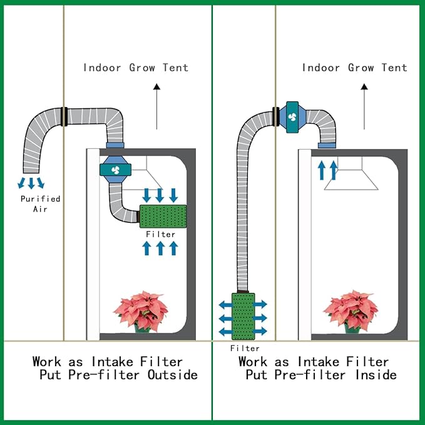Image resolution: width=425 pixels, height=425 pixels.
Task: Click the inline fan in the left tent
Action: point(115,170)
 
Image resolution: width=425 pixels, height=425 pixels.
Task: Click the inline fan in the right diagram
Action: point(292,117)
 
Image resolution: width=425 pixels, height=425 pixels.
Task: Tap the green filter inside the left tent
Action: point(163,216)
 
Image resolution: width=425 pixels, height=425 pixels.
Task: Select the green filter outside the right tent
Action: point(243,316)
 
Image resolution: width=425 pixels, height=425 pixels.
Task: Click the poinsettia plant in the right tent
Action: point(351,312)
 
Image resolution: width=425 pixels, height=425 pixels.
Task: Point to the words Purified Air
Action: point(40,204)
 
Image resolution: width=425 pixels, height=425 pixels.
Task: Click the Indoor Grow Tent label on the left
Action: point(136,68)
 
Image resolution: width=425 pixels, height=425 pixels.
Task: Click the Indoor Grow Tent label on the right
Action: point(354,68)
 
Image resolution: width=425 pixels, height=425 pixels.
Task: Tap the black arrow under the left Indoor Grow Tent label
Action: point(156,106)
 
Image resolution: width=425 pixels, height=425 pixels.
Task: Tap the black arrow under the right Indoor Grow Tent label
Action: point(364,106)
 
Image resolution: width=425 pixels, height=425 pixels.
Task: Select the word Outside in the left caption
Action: point(173,375)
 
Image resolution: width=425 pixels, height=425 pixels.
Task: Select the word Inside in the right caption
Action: point(376,375)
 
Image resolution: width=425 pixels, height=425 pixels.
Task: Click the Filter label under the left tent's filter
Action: point(160,234)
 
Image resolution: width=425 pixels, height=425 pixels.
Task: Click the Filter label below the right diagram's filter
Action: point(245,348)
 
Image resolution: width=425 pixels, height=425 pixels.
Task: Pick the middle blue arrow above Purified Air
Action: point(31,183)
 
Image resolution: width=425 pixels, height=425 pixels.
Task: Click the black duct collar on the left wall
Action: point(64,116)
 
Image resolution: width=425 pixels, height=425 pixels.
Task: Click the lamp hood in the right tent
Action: point(351,173)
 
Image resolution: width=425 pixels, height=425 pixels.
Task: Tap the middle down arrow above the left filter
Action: point(160,195)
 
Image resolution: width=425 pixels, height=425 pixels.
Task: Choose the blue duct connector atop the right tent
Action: point(327,146)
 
